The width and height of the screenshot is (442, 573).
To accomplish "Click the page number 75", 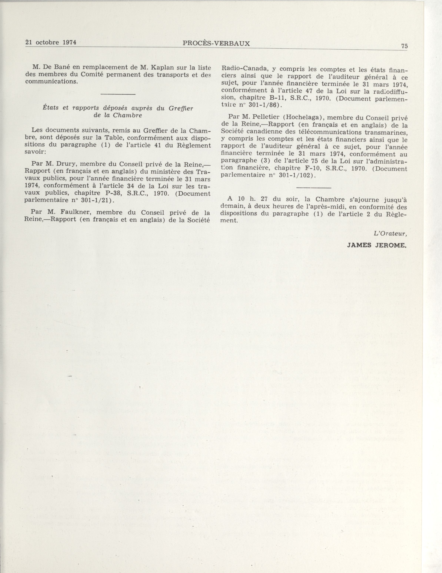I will tap(404, 46).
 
